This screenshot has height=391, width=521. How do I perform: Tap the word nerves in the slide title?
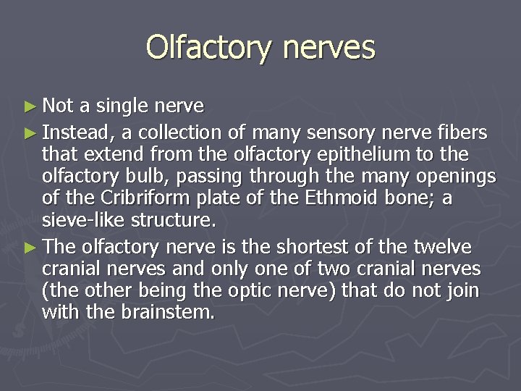[330, 48]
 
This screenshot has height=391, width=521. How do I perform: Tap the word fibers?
[462, 133]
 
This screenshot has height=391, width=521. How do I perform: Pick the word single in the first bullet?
[119, 107]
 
